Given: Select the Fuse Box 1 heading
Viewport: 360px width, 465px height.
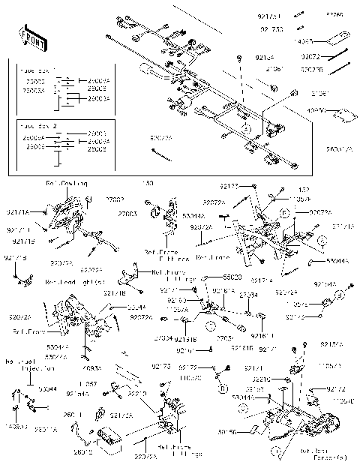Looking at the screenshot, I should click(31, 67).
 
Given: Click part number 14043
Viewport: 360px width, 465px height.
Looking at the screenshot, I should click(304, 42).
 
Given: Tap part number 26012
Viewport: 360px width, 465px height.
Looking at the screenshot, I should click(84, 453).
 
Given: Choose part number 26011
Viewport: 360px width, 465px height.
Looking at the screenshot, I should click(73, 414).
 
